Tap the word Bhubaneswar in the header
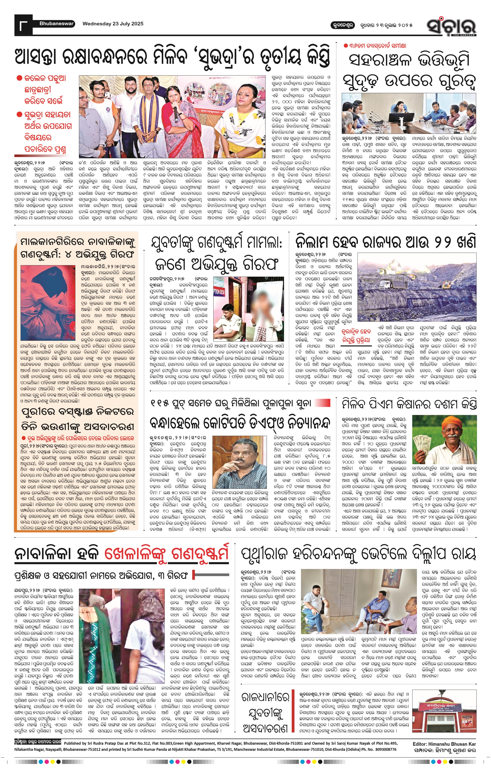click(x=56, y=23)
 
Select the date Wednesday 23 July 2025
click(x=113, y=24)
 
